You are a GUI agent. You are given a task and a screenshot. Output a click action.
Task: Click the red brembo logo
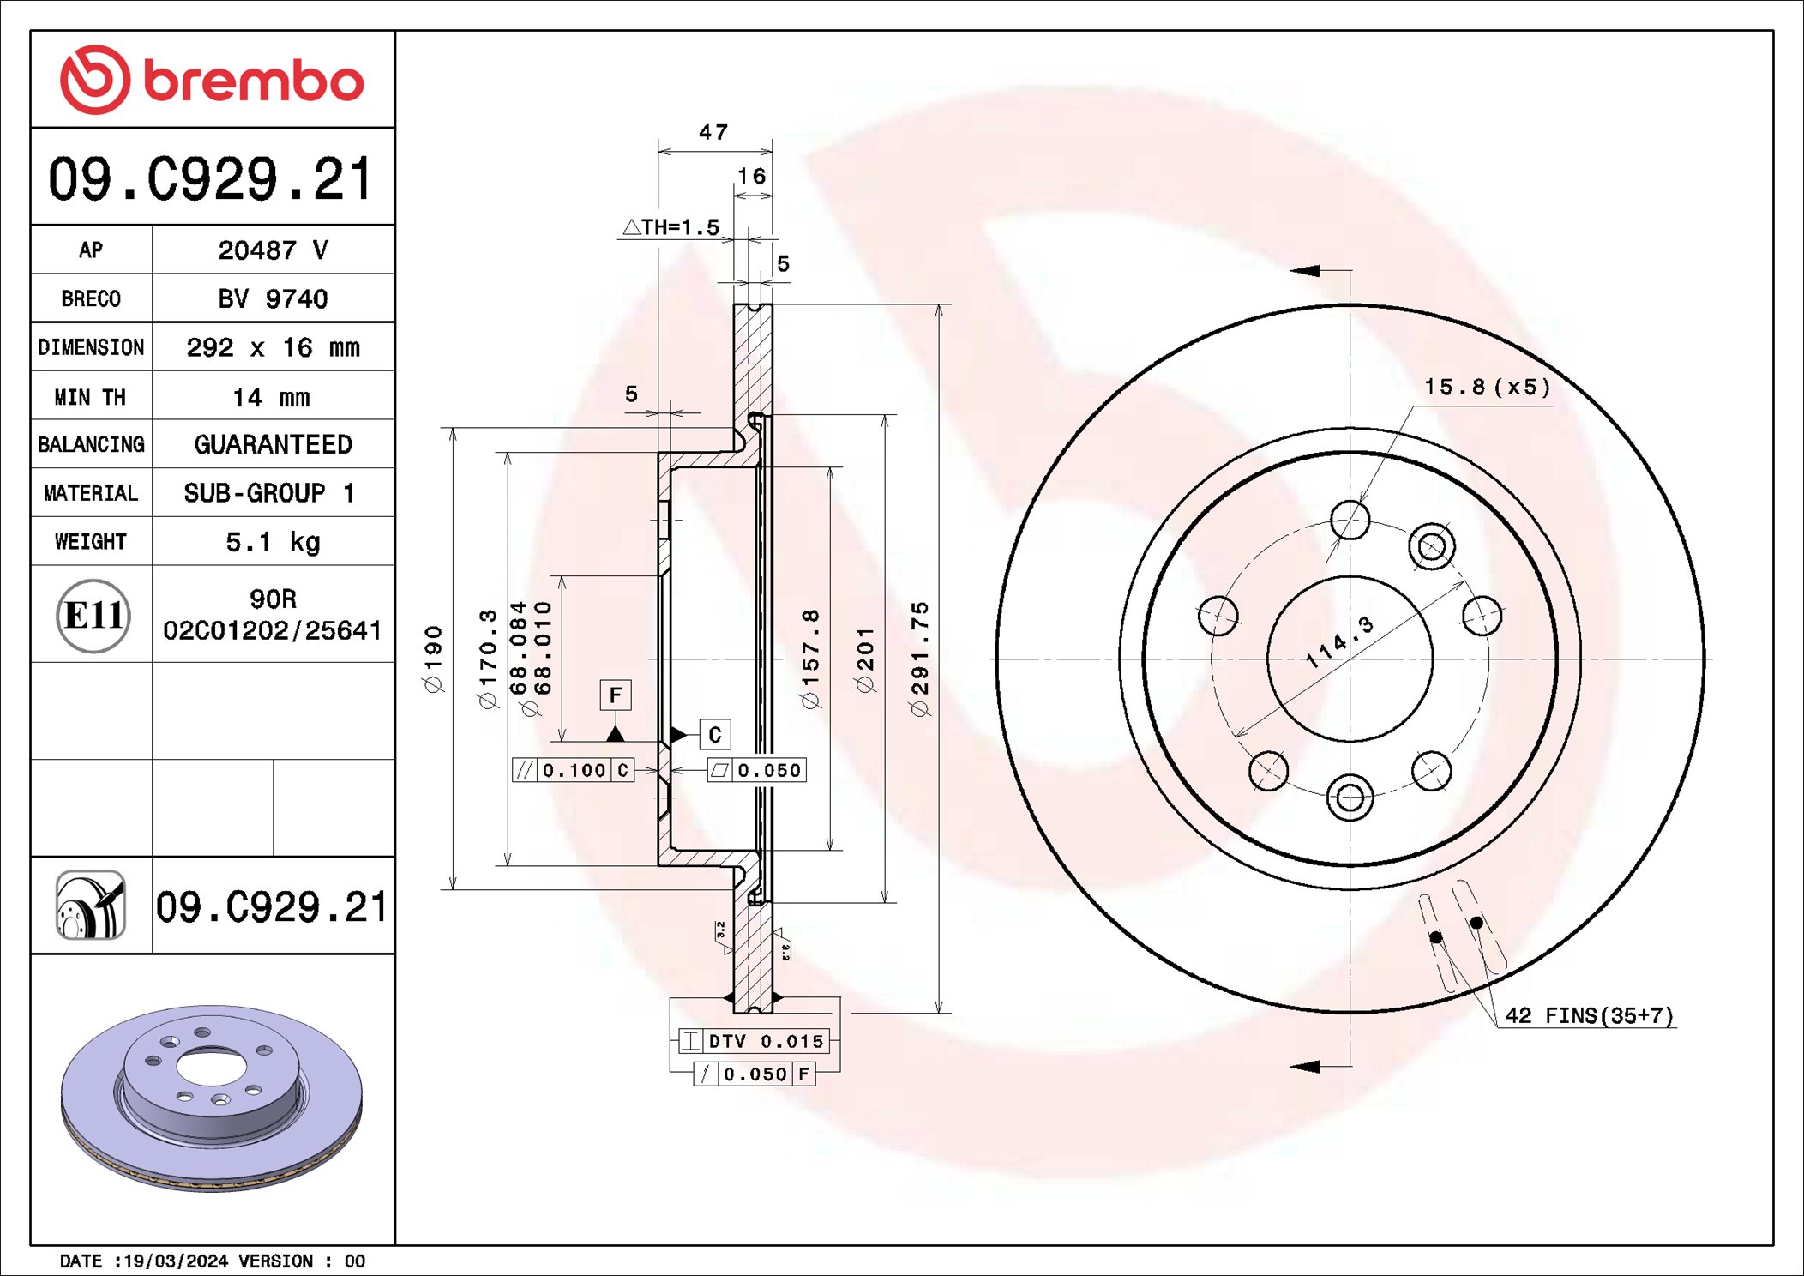[212, 80]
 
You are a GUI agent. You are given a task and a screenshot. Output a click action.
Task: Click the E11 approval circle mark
[93, 615]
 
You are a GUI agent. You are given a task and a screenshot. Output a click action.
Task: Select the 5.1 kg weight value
[273, 542]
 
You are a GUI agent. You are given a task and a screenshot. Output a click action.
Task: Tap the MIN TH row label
[91, 397]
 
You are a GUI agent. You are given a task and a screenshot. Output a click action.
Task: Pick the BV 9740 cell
[273, 298]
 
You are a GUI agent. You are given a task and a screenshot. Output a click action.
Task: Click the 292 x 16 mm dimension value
[273, 347]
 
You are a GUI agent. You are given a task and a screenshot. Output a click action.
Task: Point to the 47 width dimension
[713, 132]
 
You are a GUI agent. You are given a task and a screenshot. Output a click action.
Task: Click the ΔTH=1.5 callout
[671, 227]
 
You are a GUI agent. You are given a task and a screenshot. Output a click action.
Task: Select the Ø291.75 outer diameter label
[919, 659]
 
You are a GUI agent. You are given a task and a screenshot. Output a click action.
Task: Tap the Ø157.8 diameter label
[810, 659]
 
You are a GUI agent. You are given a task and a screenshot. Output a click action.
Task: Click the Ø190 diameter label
[434, 659]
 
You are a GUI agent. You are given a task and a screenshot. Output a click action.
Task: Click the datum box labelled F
[615, 695]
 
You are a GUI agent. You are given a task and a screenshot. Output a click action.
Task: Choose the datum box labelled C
[714, 734]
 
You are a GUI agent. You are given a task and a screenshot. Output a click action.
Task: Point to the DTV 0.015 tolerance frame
[754, 1041]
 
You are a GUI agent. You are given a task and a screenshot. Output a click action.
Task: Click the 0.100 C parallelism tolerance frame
[573, 770]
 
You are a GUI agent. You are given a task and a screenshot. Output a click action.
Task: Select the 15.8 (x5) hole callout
[1488, 388]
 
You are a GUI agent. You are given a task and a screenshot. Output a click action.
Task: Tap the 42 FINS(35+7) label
[1589, 1015]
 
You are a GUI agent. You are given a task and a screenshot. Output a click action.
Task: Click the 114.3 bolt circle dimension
[1338, 642]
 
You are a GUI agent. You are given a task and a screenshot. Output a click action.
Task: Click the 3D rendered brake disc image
[212, 1098]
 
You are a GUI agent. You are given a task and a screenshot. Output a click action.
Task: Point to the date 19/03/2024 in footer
[176, 1261]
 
